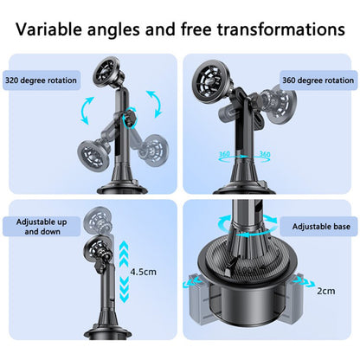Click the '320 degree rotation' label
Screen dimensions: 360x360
point(40,80)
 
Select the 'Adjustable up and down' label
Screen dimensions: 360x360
point(42,226)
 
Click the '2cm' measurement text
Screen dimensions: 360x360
point(325,291)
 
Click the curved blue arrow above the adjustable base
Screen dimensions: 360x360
point(251,227)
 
